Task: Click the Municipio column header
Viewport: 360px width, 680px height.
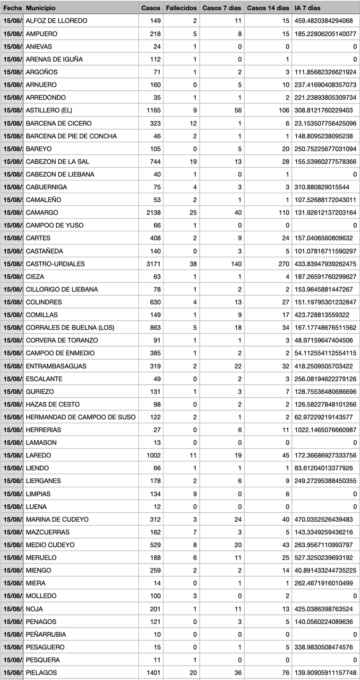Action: pyautogui.click(x=41, y=8)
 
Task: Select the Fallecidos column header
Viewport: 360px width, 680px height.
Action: pyautogui.click(x=181, y=8)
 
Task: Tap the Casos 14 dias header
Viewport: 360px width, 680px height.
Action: pyautogui.click(x=268, y=8)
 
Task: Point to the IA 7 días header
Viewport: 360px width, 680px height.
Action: pyautogui.click(x=307, y=8)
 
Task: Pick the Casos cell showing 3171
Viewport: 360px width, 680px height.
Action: pyautogui.click(x=154, y=263)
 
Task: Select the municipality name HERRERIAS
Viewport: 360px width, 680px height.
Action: pyautogui.click(x=43, y=430)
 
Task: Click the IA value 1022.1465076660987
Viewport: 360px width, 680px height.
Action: pyautogui.click(x=325, y=430)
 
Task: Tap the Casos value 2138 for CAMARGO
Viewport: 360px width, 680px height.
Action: pyautogui.click(x=154, y=212)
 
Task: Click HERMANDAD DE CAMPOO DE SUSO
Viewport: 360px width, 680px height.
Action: pyautogui.click(x=81, y=417)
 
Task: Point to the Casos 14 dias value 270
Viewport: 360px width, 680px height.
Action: pyautogui.click(x=283, y=263)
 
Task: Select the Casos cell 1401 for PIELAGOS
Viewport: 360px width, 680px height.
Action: pyautogui.click(x=154, y=672)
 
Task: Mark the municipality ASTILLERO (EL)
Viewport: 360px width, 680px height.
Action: pyautogui.click(x=49, y=110)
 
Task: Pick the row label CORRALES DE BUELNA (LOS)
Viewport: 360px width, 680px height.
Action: pyautogui.click(x=70, y=328)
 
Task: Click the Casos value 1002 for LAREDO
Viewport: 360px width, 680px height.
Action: pyautogui.click(x=154, y=455)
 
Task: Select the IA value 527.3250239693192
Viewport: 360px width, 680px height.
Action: pyautogui.click(x=325, y=558)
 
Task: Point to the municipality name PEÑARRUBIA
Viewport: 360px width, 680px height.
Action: pyautogui.click(x=46, y=634)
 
